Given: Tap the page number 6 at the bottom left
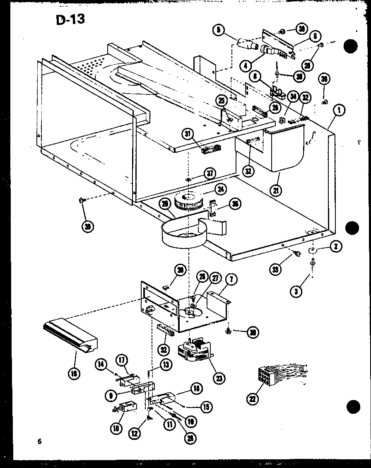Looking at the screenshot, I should (x=39, y=441).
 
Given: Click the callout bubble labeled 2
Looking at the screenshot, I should (x=336, y=247).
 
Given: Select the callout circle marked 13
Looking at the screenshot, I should (x=166, y=364).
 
